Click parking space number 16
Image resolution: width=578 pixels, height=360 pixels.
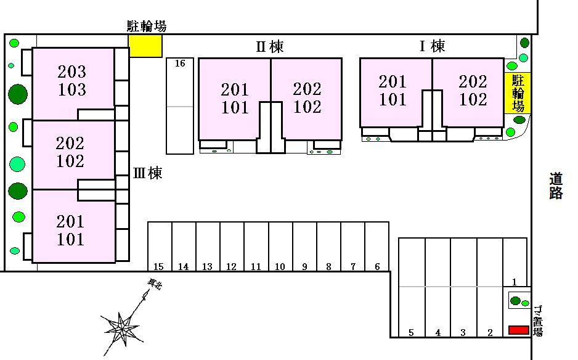click(180, 106)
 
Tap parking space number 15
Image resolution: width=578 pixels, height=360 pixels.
click(159, 247)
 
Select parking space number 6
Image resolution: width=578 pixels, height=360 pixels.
click(377, 247)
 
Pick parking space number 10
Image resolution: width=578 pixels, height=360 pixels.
click(280, 247)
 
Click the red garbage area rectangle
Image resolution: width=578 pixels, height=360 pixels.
click(518, 330)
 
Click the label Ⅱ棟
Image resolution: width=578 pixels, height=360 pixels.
click(269, 46)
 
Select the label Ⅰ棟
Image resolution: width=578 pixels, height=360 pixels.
click(432, 46)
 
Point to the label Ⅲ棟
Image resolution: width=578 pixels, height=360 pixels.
click(147, 173)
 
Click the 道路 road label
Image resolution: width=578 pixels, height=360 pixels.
click(556, 186)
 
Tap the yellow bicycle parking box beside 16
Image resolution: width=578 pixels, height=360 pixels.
click(145, 46)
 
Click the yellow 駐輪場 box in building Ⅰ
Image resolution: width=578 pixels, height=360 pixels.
click(518, 93)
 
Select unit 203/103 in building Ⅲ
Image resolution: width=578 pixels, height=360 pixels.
click(73, 81)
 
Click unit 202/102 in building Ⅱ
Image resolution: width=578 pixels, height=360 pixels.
click(307, 98)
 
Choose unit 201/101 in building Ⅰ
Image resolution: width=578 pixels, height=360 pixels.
click(393, 90)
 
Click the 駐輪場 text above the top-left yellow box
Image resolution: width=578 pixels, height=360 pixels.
click(147, 26)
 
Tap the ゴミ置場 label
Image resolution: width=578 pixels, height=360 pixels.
click(538, 321)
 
